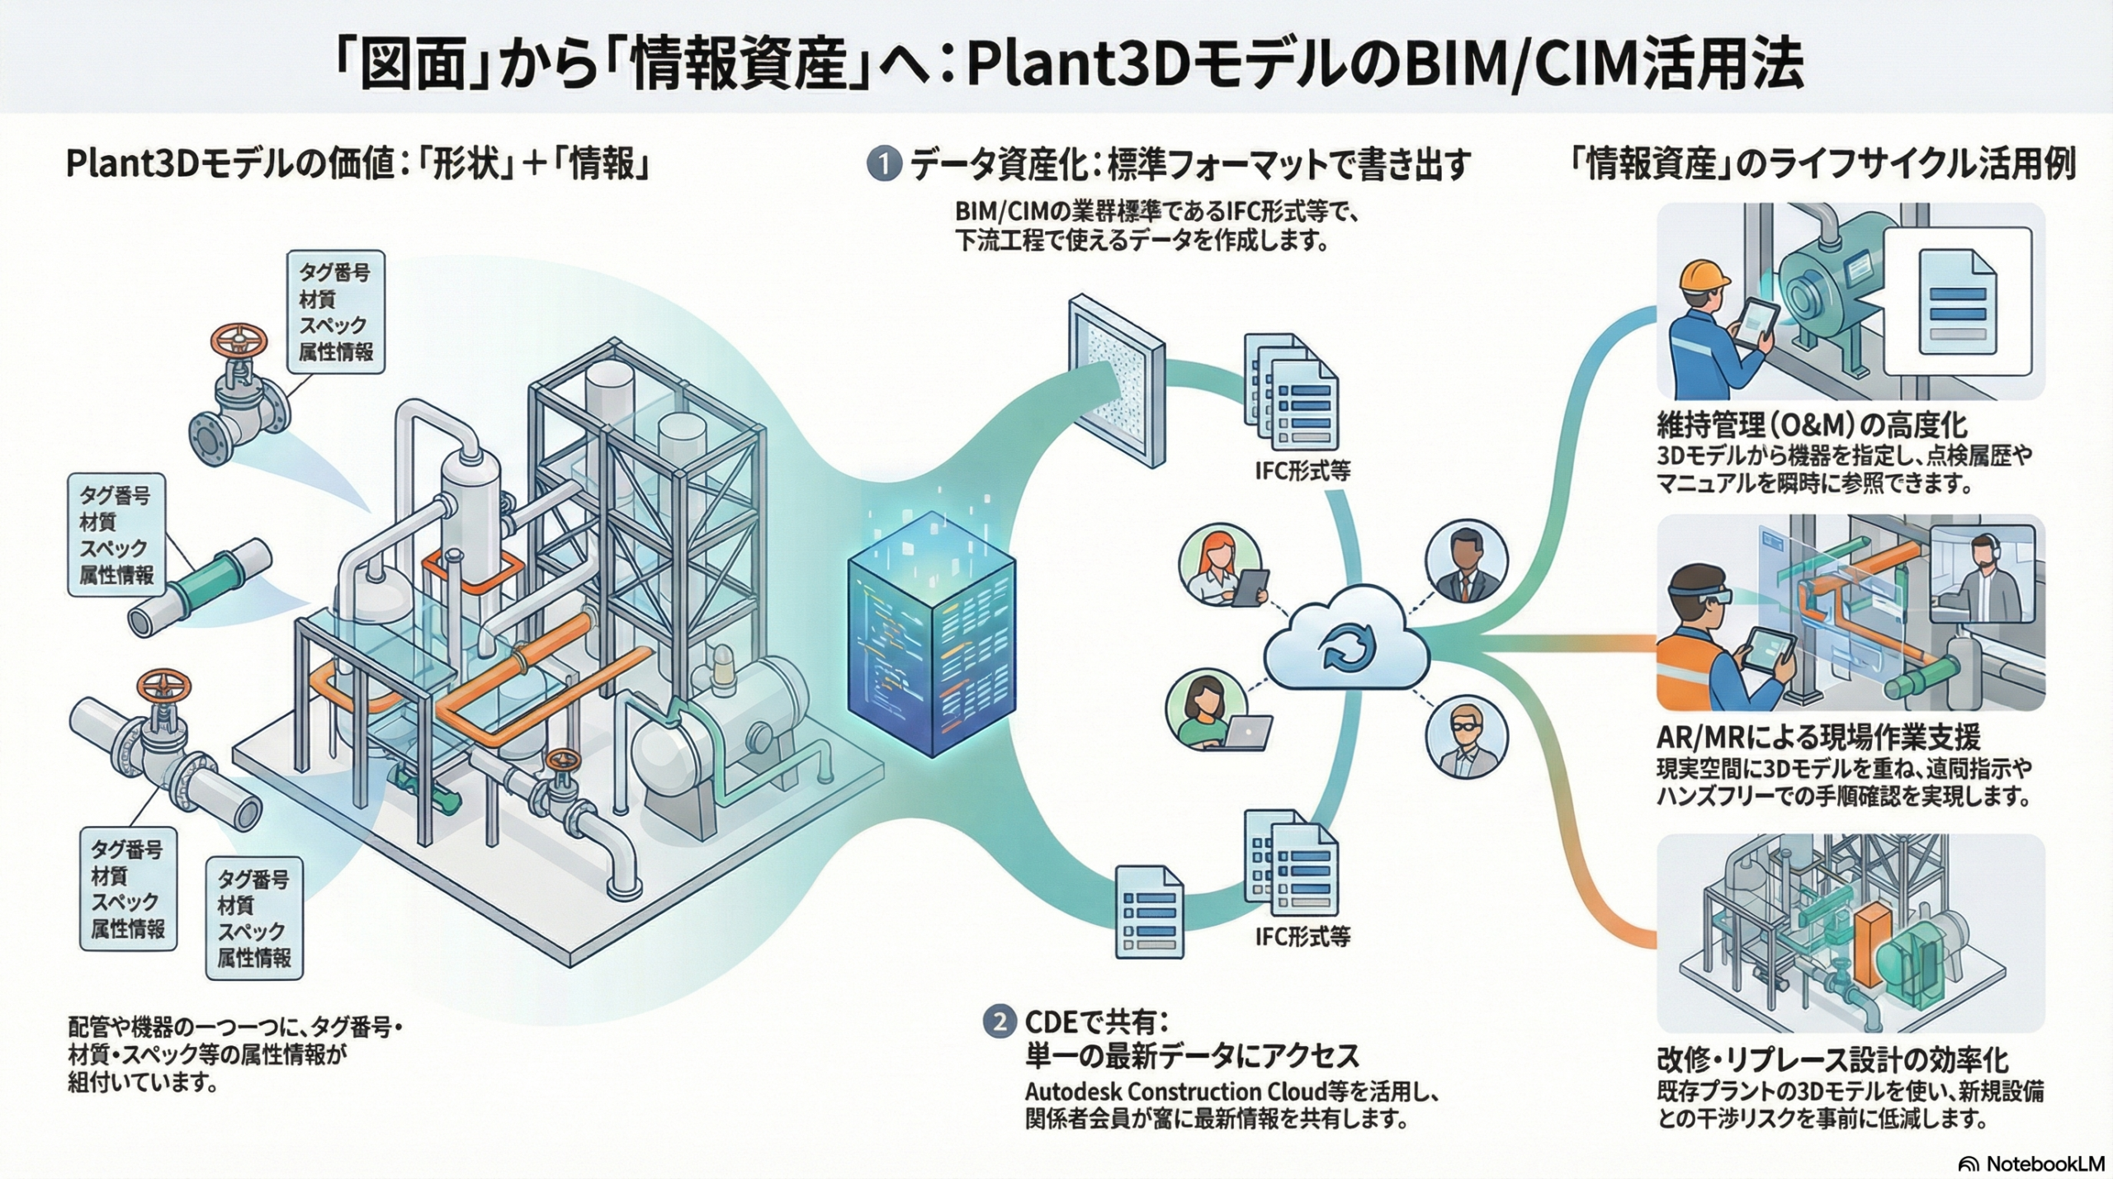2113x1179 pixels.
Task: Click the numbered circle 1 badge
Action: pyautogui.click(x=884, y=163)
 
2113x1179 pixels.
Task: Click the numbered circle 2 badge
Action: pyautogui.click(x=1000, y=1022)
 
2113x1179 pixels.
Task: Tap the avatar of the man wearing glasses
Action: pyautogui.click(x=1466, y=738)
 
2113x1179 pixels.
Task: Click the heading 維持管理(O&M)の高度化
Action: pyautogui.click(x=1812, y=425)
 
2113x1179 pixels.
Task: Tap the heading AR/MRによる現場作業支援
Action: pyautogui.click(x=1817, y=737)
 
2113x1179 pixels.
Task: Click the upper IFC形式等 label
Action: pyautogui.click(x=1302, y=470)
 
